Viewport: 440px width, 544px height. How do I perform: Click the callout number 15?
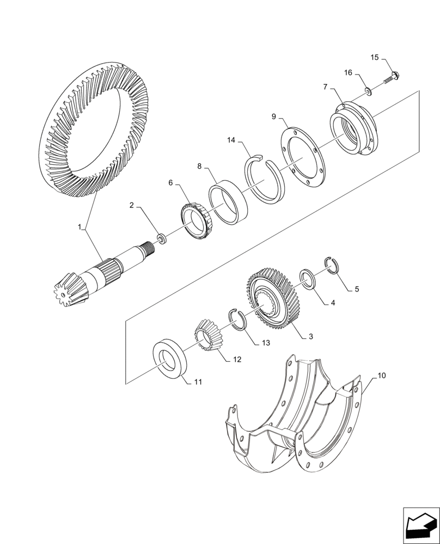click(374, 57)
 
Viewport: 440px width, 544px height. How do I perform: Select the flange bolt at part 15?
click(392, 77)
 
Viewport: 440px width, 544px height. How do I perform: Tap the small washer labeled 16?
click(369, 91)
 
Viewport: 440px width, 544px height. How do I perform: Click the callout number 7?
click(325, 86)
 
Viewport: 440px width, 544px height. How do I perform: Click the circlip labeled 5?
click(333, 265)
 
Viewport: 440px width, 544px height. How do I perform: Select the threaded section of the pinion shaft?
click(147, 249)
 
